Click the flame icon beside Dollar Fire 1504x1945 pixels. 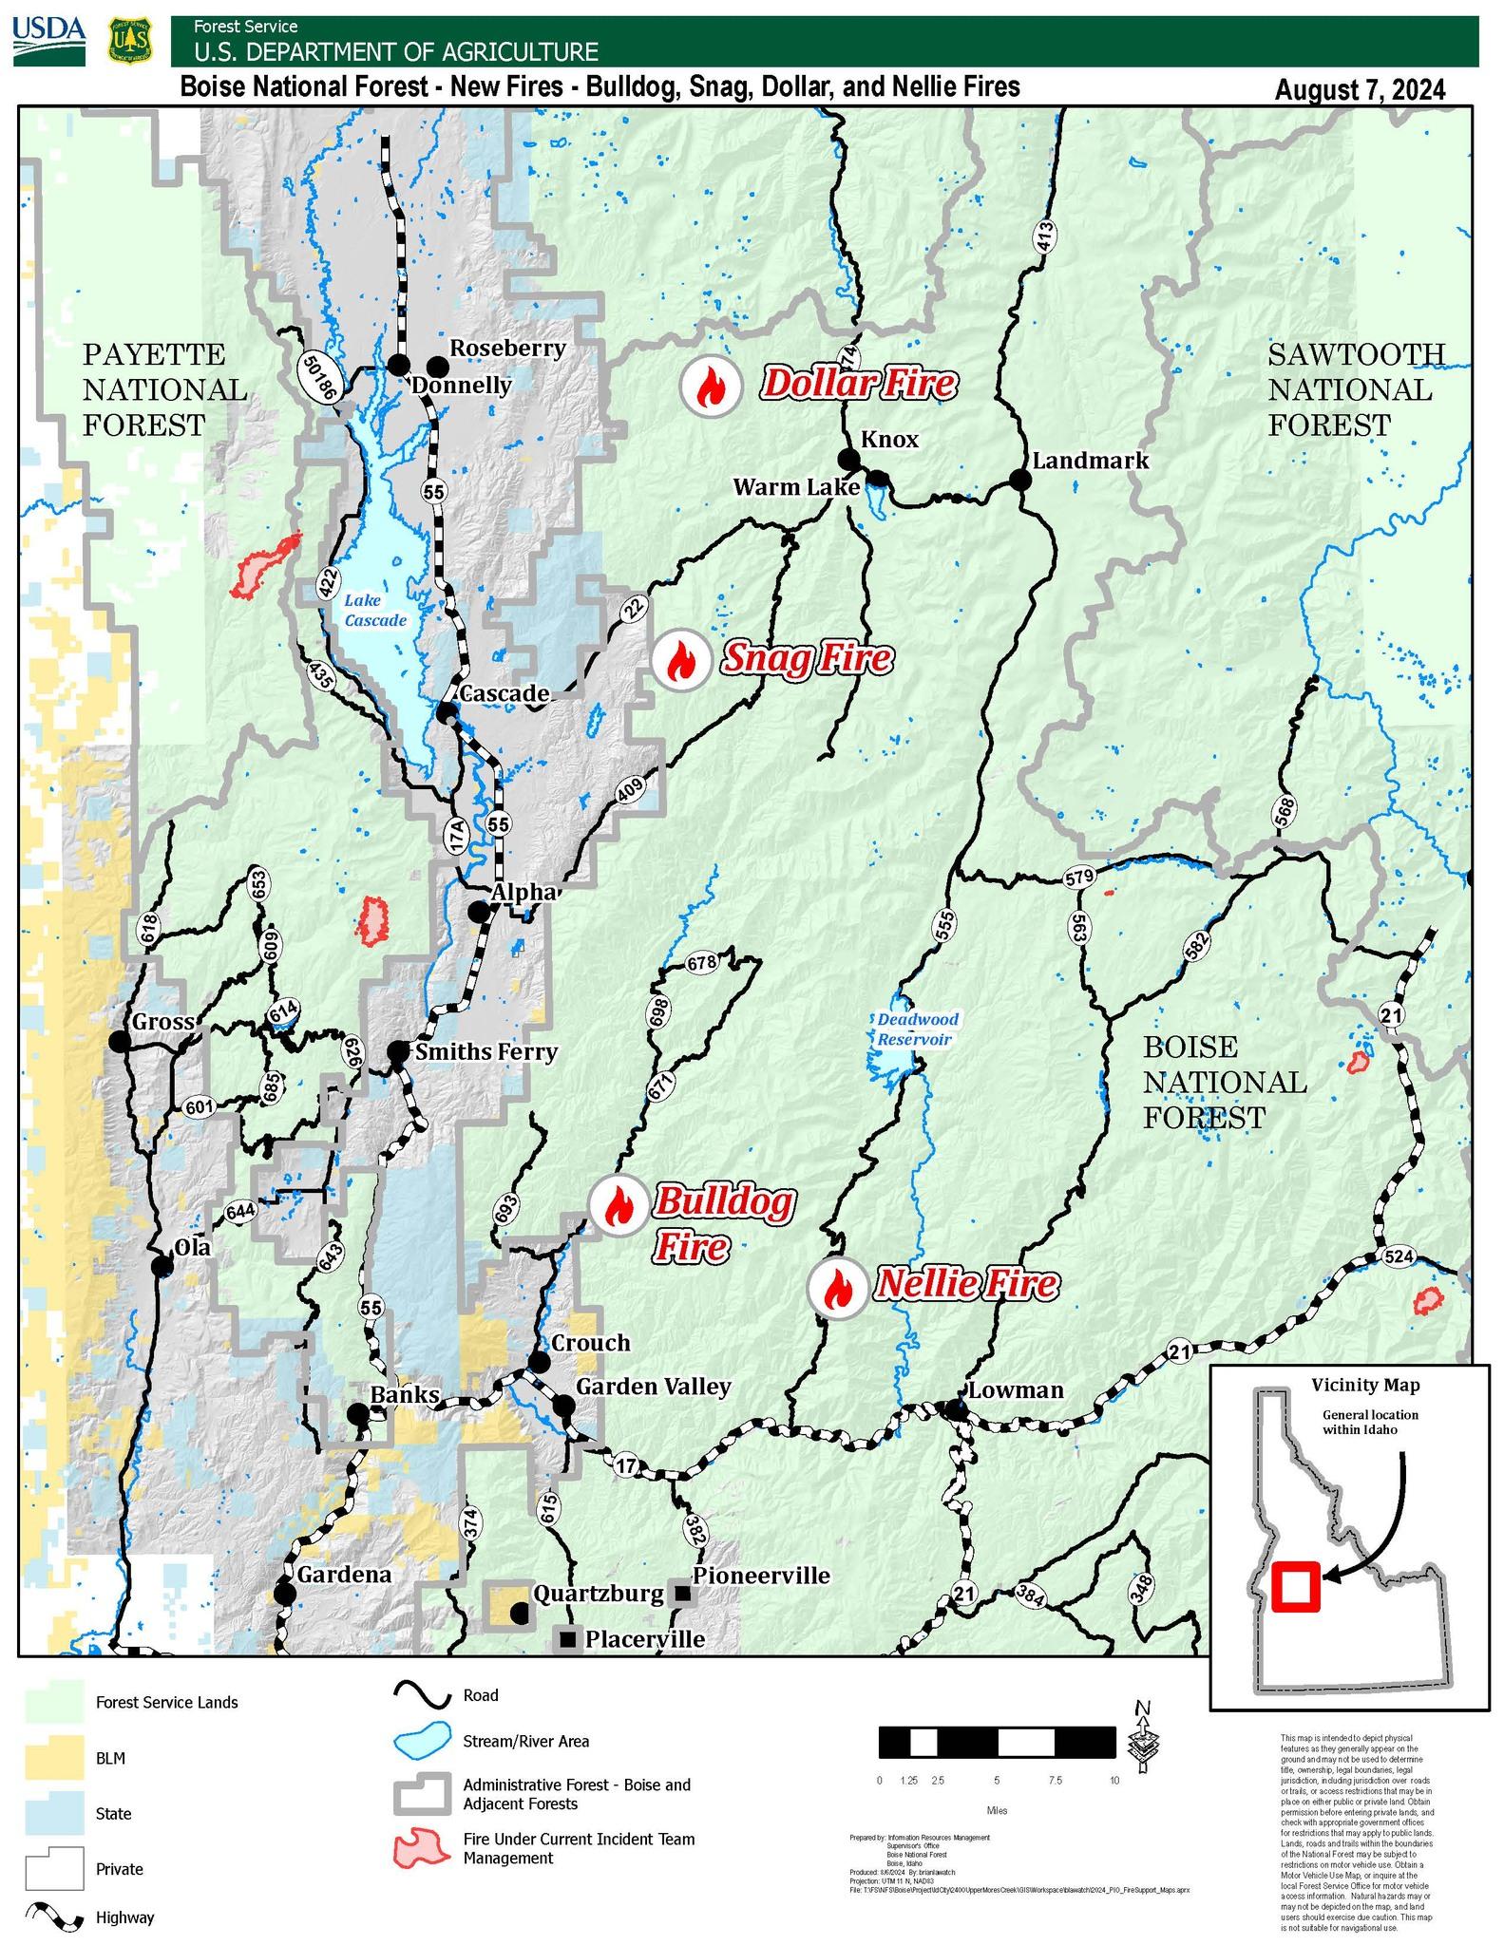point(709,385)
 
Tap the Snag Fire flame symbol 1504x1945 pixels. point(679,660)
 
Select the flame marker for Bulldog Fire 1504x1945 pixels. point(618,1205)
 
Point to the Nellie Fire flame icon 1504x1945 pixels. point(837,1288)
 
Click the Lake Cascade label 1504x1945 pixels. point(375,610)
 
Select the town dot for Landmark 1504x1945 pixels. point(1019,480)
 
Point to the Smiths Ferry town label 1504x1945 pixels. point(485,1051)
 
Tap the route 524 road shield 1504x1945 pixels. point(1399,1256)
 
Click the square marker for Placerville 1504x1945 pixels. point(568,1638)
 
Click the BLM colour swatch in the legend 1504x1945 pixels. point(53,1758)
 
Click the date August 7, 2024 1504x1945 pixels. point(1360,90)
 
